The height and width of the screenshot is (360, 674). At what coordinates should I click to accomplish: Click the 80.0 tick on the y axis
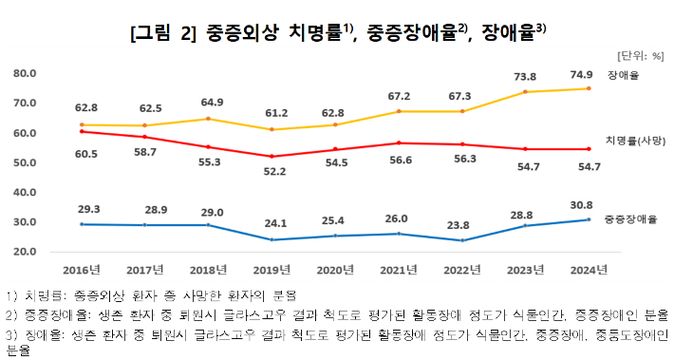pos(25,73)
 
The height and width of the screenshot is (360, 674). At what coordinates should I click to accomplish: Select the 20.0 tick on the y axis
pos(25,252)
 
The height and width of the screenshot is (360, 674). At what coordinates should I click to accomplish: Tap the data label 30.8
pos(589,204)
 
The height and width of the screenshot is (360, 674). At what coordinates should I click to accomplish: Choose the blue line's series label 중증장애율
pos(631,219)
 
